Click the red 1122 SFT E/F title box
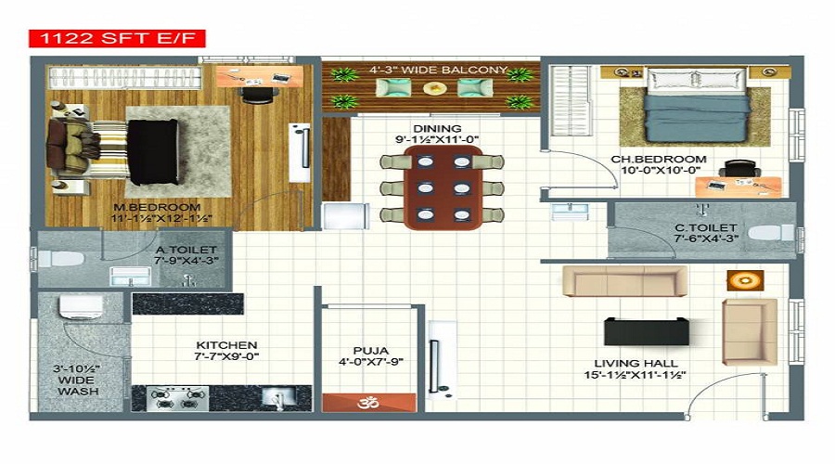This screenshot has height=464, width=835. (117, 38)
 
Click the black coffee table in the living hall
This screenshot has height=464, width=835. (647, 330)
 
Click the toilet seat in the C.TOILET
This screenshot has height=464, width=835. (770, 233)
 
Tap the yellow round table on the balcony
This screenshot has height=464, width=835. (435, 88)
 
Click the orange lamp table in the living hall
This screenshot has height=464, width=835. (744, 279)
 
